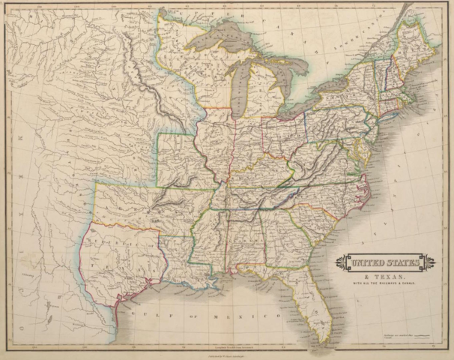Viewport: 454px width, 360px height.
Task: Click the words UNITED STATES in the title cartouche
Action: tap(385, 263)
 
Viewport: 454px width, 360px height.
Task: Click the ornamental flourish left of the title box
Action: tap(342, 263)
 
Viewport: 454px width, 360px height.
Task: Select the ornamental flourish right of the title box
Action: tap(429, 263)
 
